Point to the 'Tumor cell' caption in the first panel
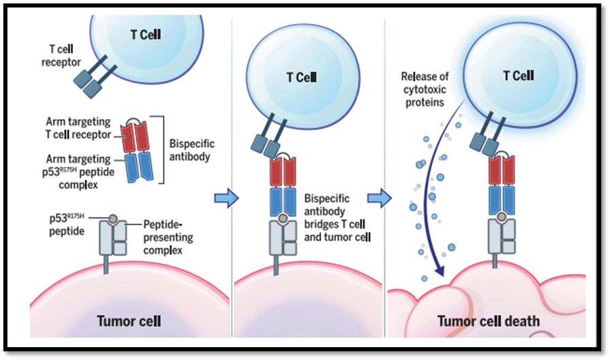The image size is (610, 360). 129,320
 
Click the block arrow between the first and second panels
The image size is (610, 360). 226,198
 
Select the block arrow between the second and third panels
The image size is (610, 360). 379,198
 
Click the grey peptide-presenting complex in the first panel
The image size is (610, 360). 114,238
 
